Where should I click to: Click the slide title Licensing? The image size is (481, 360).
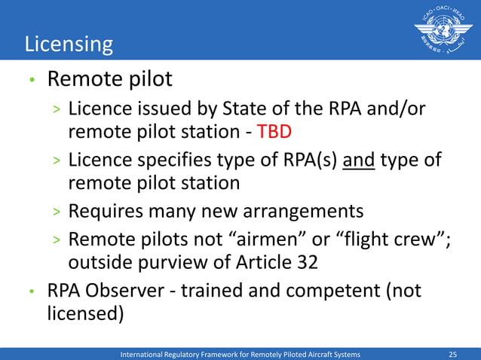click(x=69, y=44)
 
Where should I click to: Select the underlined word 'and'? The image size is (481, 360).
click(x=360, y=160)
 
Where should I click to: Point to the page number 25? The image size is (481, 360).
click(x=453, y=354)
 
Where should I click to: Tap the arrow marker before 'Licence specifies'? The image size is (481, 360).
click(x=57, y=161)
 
